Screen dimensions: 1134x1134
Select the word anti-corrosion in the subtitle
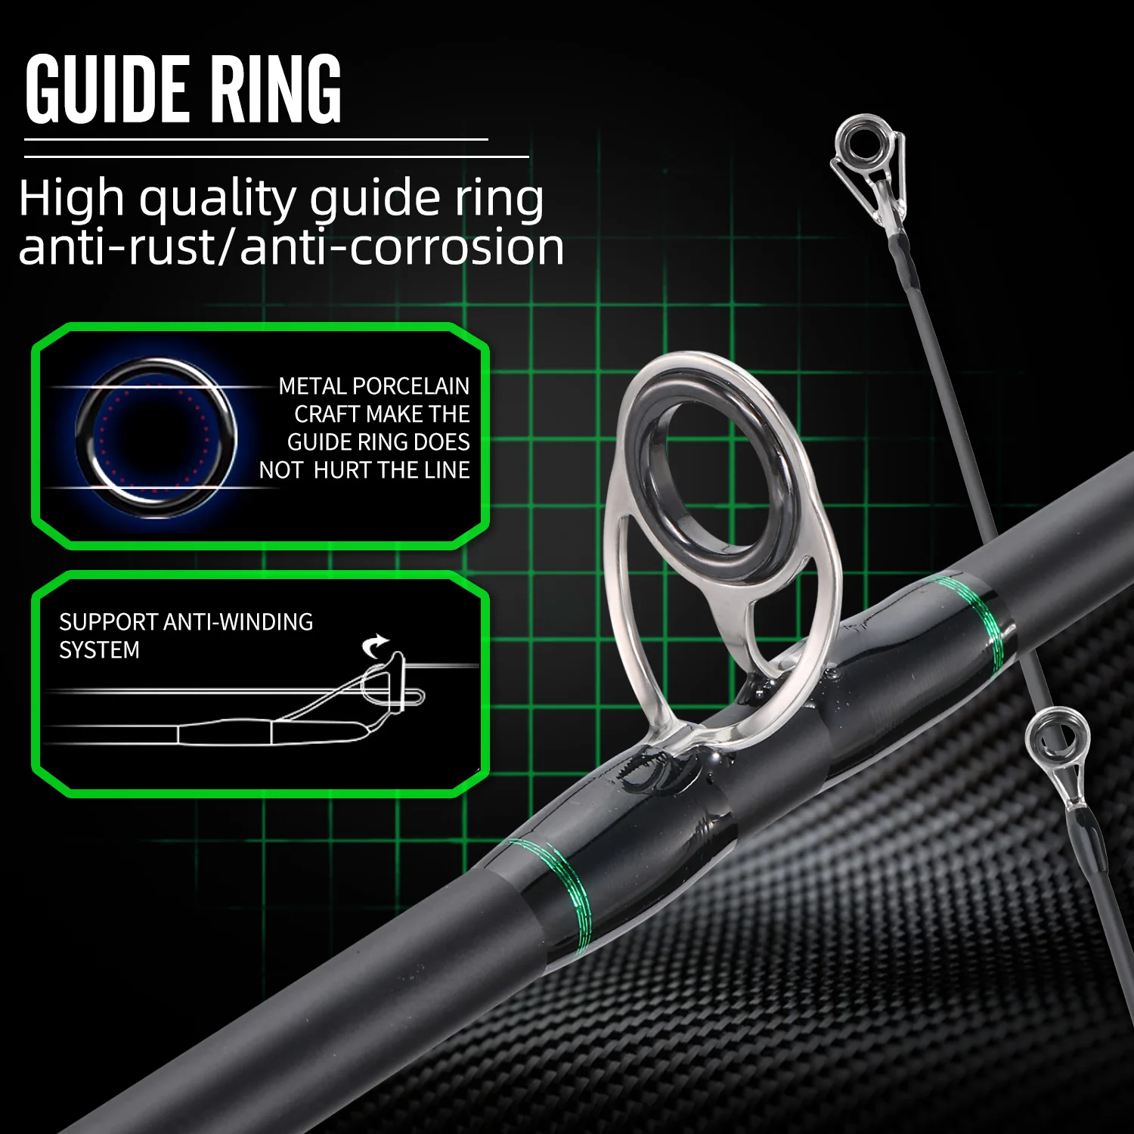coord(401,248)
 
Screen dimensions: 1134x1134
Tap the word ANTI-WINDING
coord(238,622)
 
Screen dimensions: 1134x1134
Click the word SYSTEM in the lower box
coord(99,650)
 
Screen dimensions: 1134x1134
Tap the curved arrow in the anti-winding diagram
coord(375,646)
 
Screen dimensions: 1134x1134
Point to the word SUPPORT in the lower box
coord(108,622)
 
